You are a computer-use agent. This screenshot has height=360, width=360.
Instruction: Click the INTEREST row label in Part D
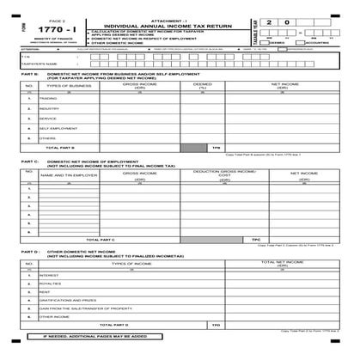(49, 275)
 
